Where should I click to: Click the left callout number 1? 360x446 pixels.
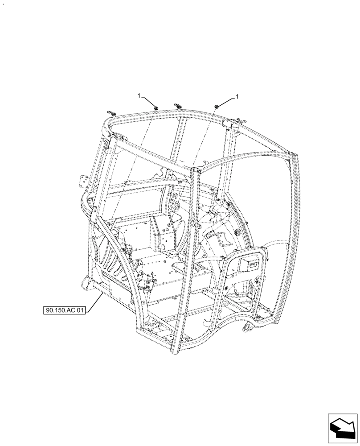click(139, 96)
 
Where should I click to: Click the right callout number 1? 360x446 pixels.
click(237, 96)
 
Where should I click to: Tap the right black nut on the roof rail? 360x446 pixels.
click(217, 106)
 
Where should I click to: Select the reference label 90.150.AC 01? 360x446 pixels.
click(65, 310)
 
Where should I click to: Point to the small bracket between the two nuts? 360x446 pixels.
click(177, 106)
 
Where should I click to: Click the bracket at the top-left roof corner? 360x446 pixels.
click(110, 113)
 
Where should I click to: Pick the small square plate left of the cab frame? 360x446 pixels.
click(83, 181)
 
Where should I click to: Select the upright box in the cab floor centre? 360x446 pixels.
click(163, 232)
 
